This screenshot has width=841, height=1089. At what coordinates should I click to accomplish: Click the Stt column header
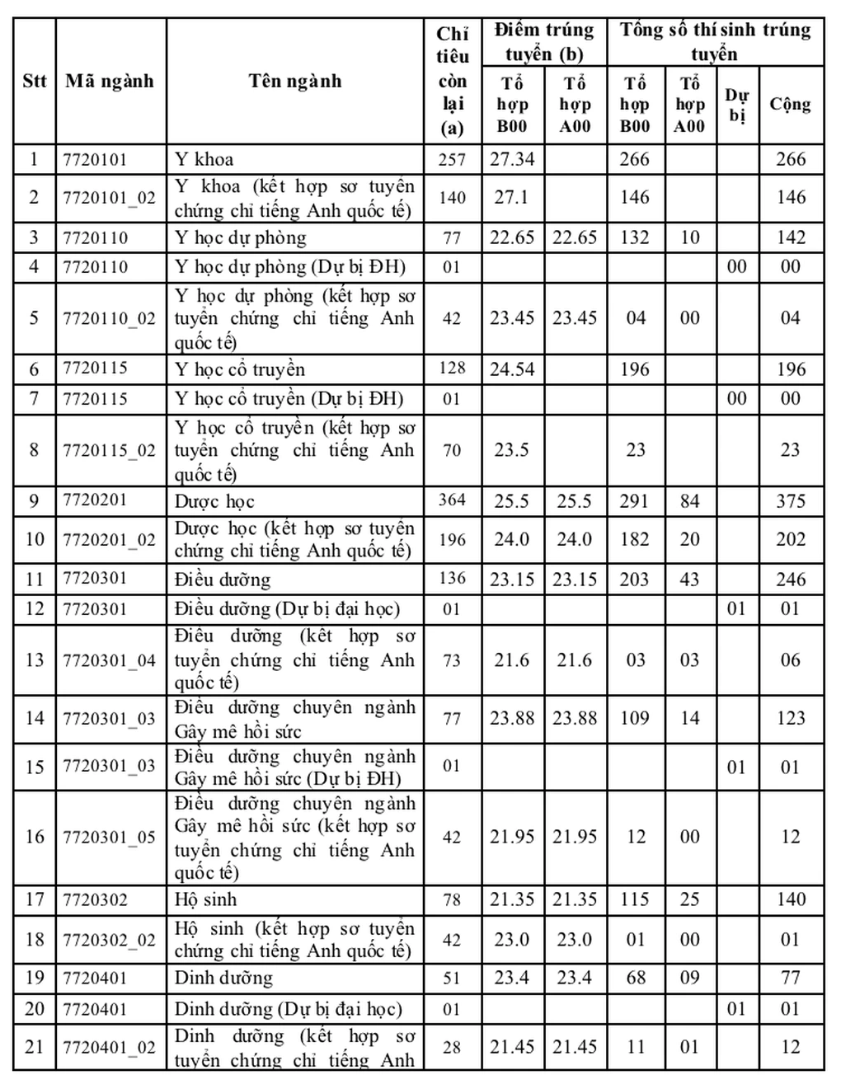pos(34,81)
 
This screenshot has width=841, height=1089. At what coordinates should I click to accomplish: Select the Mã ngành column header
pos(110,81)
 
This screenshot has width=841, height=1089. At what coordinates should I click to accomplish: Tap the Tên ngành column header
pos(294,81)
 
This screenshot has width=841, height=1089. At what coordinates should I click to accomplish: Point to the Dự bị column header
pos(736,105)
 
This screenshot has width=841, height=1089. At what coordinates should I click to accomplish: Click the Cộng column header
pos(790,105)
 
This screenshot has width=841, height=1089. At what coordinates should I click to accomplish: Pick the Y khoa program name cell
pos(204,159)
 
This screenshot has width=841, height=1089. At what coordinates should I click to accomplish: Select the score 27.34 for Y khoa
pos(512,159)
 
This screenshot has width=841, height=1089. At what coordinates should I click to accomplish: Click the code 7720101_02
pos(110,198)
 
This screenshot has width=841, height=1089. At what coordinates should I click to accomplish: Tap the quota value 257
pos(452,159)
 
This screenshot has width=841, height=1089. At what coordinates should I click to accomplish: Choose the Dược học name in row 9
pos(214,501)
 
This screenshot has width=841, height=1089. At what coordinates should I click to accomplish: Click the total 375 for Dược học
pos(790,501)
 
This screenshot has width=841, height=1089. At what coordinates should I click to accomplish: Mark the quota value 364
pos(452,500)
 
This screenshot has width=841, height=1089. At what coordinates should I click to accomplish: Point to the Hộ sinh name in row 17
pos(205,899)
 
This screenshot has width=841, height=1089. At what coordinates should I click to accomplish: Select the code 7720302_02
pos(110,940)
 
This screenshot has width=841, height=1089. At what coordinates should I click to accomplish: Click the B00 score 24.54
pos(512,369)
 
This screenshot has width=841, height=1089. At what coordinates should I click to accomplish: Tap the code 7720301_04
pos(110,660)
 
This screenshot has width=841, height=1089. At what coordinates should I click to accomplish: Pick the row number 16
pos(34,837)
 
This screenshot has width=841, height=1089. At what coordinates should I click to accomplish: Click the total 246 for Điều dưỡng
pos(790,580)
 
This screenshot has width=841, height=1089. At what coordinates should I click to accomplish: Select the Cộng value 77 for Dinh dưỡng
pos(790,979)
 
